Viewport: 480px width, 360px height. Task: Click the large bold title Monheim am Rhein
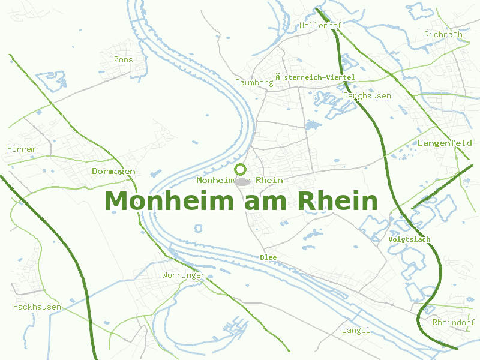(241, 201)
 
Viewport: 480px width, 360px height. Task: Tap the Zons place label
(124, 59)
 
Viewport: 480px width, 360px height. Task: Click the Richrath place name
(443, 34)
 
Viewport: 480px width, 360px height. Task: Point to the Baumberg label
(254, 82)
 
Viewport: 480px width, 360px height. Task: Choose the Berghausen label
(367, 96)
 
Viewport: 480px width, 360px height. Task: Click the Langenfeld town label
(445, 143)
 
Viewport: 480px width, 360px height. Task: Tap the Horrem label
(22, 149)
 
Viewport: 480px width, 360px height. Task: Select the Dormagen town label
(113, 171)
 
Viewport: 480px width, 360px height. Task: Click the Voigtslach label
(410, 239)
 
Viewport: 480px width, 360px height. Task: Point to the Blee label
(268, 257)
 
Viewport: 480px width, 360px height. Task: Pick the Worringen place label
(184, 275)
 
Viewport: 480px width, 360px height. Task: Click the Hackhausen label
(37, 307)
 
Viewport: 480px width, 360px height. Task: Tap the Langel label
(356, 330)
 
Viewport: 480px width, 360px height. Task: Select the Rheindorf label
(454, 322)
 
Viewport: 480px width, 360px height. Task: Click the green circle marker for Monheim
(241, 169)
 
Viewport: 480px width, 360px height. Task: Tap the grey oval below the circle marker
(241, 181)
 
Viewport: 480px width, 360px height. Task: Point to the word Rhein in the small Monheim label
(269, 180)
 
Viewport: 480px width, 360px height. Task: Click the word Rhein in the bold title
(338, 201)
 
